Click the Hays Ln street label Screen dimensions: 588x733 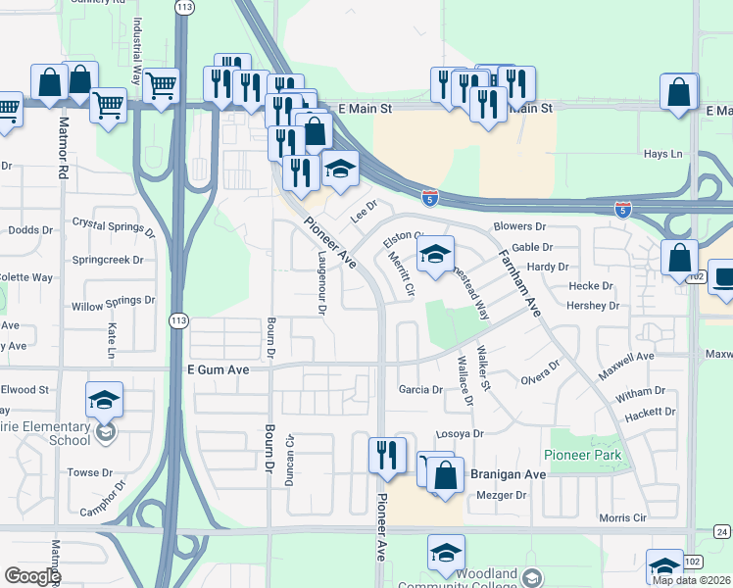(x=662, y=154)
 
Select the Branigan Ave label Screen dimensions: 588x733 (x=508, y=474)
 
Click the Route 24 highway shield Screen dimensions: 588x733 (x=722, y=531)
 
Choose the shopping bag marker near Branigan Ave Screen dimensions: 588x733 (x=445, y=476)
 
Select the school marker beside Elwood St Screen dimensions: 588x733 (x=104, y=401)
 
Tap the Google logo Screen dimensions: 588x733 (x=32, y=576)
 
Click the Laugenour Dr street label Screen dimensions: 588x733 (x=321, y=280)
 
